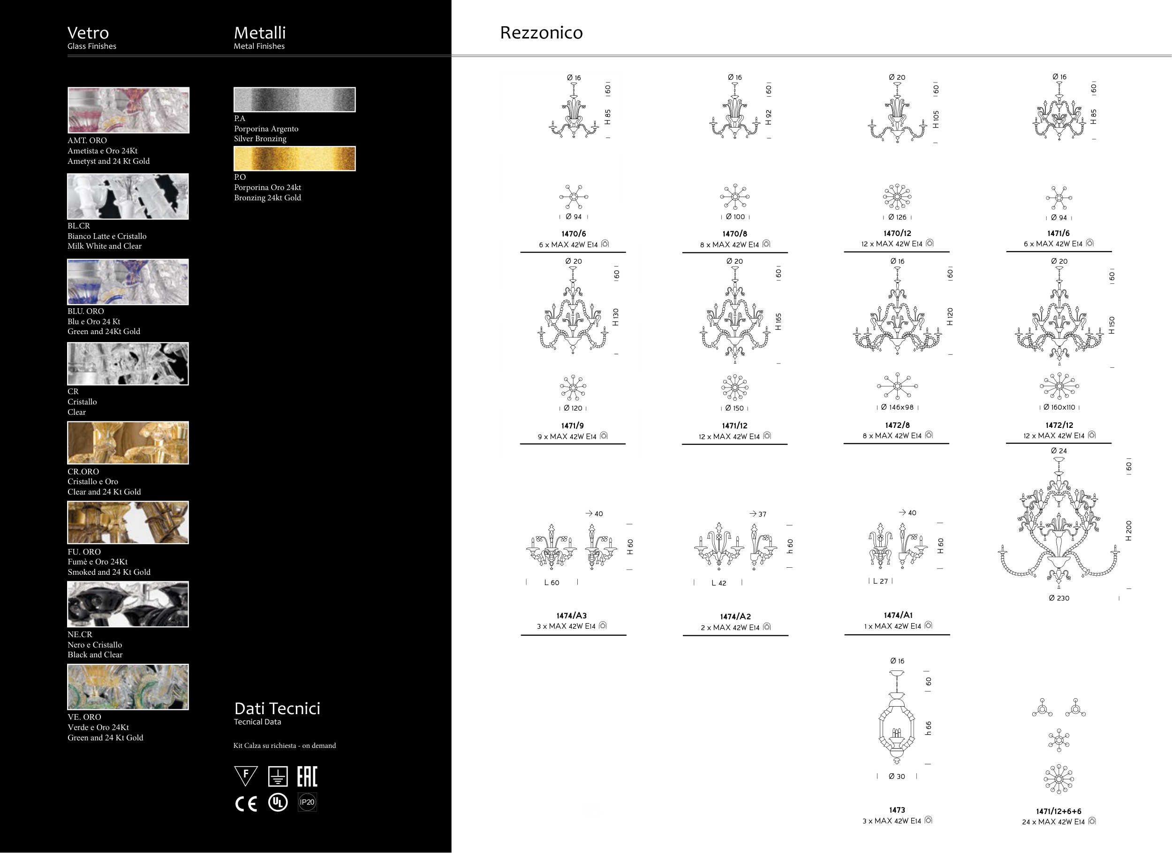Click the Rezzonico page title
[x=541, y=32]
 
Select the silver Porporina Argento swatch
[x=295, y=99]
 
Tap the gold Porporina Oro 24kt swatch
[x=295, y=158]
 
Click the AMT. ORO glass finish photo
[x=128, y=110]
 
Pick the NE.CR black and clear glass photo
[x=128, y=604]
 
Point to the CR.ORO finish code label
[x=83, y=472]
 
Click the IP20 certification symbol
[x=307, y=802]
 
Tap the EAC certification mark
[x=307, y=777]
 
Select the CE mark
[x=246, y=803]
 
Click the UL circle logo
[x=278, y=802]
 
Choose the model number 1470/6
[x=574, y=234]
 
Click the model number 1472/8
[x=897, y=425]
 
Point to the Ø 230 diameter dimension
[x=1059, y=598]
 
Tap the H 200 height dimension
[x=1128, y=530]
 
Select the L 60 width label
[x=552, y=583]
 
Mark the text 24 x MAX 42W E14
[x=1053, y=822]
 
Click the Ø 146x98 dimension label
[x=897, y=407]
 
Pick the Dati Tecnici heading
[x=277, y=708]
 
